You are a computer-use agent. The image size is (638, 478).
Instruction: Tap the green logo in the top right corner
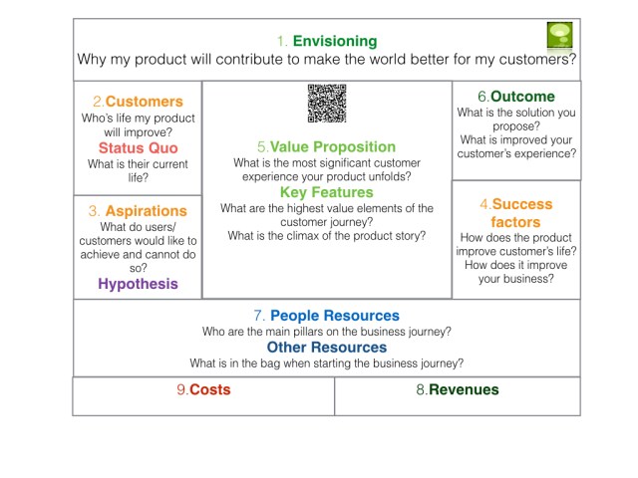click(560, 36)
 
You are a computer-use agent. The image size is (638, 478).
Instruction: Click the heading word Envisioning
click(334, 41)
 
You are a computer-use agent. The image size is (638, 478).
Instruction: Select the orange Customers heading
click(144, 102)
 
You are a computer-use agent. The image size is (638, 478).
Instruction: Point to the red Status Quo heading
click(138, 148)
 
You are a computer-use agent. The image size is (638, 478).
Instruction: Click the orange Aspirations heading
click(144, 211)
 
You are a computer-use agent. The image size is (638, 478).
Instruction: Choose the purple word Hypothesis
click(138, 284)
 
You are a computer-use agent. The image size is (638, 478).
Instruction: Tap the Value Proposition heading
click(333, 145)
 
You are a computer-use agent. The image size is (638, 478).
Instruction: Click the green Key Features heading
click(326, 192)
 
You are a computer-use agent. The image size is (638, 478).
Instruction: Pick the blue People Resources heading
click(334, 316)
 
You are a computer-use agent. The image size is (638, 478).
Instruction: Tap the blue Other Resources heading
click(326, 348)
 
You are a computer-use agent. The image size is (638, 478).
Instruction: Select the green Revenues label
click(464, 390)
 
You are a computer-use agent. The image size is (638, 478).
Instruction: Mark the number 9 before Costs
click(180, 390)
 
